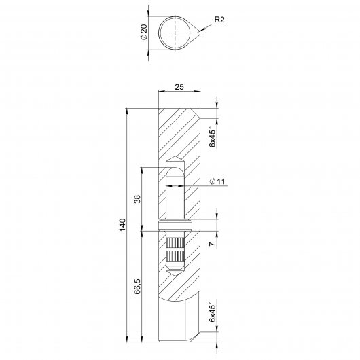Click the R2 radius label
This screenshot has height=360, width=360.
(219, 20)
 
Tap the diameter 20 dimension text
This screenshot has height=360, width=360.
(144, 32)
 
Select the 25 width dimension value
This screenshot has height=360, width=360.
(179, 87)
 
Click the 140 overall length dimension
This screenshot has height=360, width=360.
(122, 225)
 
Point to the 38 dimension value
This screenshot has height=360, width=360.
(137, 199)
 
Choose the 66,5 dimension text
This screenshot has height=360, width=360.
(137, 286)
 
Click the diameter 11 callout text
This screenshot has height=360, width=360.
(217, 181)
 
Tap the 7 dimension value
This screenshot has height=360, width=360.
(213, 243)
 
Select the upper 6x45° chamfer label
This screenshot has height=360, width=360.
(213, 137)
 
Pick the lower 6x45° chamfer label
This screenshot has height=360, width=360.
(213, 312)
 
